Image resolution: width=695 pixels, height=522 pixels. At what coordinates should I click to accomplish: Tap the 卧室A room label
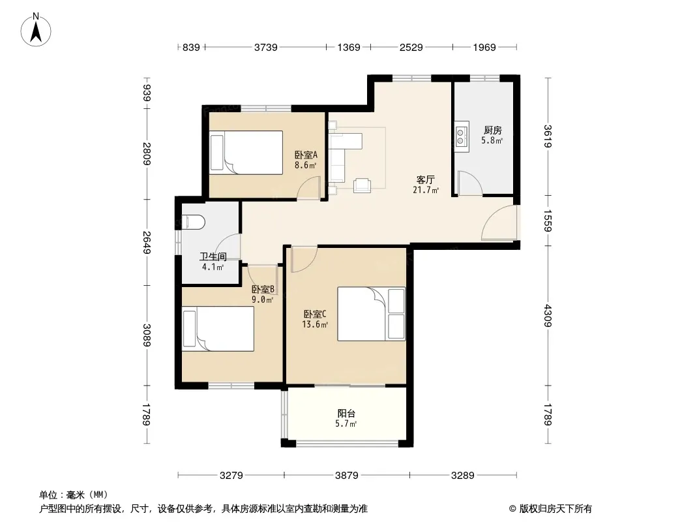coord(306,155)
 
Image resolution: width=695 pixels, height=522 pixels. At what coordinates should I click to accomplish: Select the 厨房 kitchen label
coord(492,130)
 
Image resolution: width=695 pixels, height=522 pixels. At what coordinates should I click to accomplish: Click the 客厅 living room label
coord(425,179)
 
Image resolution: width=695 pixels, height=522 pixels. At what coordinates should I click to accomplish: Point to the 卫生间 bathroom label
coord(213,256)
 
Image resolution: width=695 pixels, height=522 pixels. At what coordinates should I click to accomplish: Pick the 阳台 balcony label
coord(346,413)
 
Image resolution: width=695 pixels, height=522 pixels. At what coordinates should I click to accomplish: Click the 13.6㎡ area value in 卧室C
coord(315,325)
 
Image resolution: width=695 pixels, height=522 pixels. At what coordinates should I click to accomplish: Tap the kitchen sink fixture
coord(460,136)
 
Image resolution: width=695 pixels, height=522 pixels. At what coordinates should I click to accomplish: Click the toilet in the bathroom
coord(193,223)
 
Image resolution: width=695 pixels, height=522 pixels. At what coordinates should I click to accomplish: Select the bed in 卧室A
coord(246,152)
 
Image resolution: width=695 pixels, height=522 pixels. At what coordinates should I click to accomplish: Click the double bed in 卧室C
coord(372,314)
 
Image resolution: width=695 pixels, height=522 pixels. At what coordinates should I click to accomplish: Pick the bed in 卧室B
coord(218,329)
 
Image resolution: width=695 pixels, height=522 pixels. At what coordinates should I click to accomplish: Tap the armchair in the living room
coord(362,185)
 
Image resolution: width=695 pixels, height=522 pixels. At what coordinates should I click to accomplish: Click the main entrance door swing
coord(499,223)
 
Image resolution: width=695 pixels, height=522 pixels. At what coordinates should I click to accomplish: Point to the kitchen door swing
coord(470,183)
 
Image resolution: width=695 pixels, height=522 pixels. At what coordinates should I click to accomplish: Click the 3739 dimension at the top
coord(265,47)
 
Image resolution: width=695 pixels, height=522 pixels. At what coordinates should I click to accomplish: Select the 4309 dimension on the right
coord(548,315)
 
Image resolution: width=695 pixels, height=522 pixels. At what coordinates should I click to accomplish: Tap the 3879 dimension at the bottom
coord(347,476)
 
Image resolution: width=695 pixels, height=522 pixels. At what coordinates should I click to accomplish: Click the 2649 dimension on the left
coord(147,243)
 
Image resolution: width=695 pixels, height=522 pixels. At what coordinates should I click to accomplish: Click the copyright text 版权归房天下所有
coord(555,509)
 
